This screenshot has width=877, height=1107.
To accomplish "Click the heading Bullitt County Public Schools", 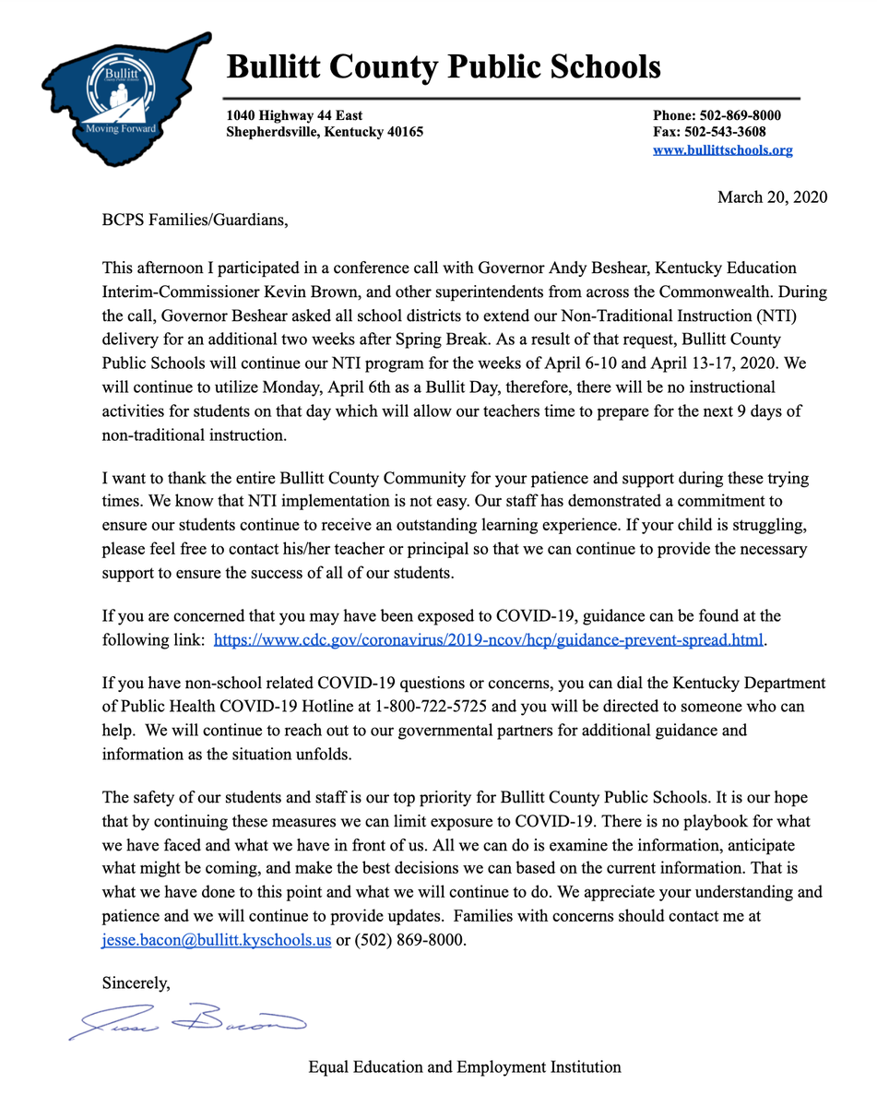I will [x=444, y=66].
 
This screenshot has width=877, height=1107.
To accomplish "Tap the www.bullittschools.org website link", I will [x=722, y=149].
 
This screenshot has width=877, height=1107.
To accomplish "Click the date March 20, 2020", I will [x=772, y=196].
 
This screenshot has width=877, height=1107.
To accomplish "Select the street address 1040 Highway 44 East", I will [x=294, y=115].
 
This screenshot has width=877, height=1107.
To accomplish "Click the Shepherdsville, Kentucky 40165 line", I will [x=325, y=132].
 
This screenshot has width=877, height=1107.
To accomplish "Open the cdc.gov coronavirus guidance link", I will [x=489, y=639].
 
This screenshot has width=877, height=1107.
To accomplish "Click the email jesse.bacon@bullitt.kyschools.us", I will [x=216, y=940].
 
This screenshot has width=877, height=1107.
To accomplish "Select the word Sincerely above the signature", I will [x=136, y=983].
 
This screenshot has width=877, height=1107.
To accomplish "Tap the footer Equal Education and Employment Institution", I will [x=464, y=1067].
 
